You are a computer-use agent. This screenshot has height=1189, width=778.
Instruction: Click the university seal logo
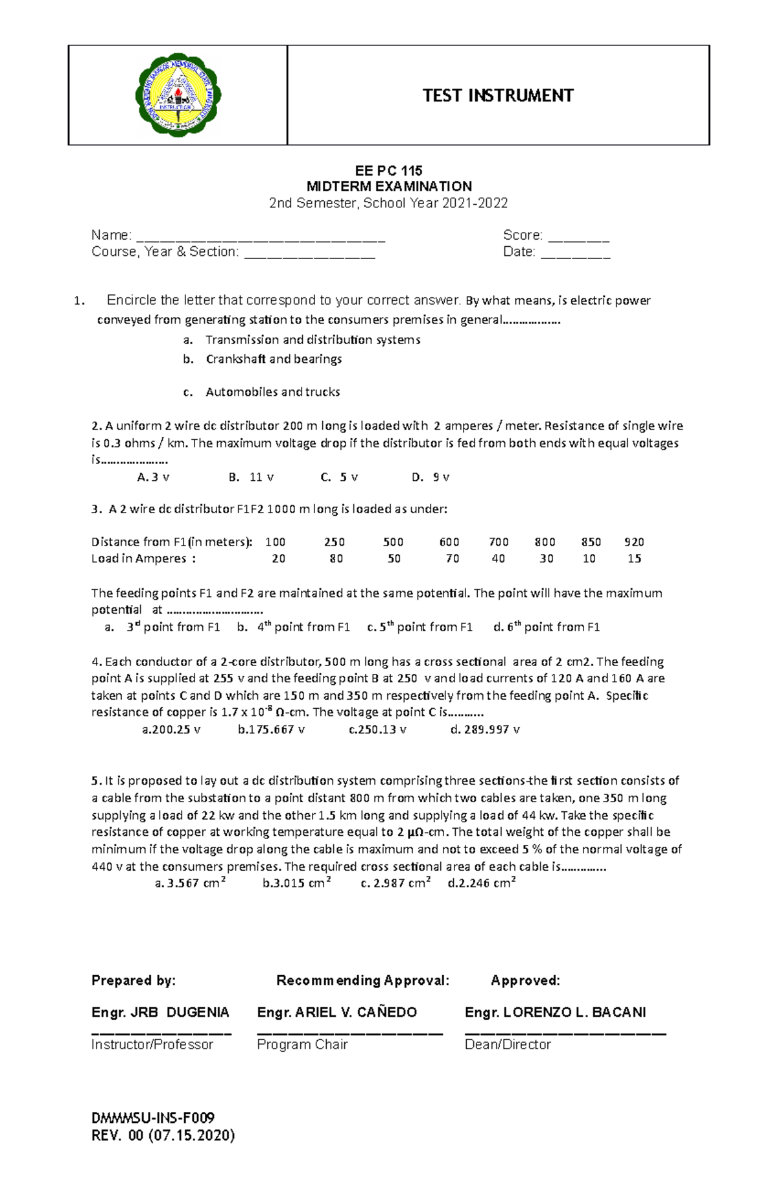pyautogui.click(x=178, y=95)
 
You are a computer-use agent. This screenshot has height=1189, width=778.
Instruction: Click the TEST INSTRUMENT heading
pyautogui.click(x=497, y=96)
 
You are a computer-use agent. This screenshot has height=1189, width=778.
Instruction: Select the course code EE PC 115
pyautogui.click(x=388, y=170)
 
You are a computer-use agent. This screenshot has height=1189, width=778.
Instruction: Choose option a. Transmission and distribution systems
pyautogui.click(x=312, y=340)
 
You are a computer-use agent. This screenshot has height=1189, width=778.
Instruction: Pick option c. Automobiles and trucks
pyautogui.click(x=272, y=392)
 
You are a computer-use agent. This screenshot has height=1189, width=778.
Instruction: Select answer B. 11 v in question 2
pyautogui.click(x=252, y=478)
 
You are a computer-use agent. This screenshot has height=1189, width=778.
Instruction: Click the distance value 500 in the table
pyautogui.click(x=393, y=542)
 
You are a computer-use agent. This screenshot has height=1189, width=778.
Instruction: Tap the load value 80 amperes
pyautogui.click(x=336, y=559)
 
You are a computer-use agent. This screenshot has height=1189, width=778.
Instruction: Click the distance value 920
pyautogui.click(x=633, y=542)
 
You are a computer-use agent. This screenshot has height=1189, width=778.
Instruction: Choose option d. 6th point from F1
pyautogui.click(x=546, y=627)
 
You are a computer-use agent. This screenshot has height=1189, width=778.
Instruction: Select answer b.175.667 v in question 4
pyautogui.click(x=271, y=730)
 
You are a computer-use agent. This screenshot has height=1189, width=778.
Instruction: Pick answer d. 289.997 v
pyautogui.click(x=485, y=730)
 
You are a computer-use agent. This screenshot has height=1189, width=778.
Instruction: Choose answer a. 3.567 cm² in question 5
pyautogui.click(x=190, y=883)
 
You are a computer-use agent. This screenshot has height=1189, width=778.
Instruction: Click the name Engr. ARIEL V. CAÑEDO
pyautogui.click(x=336, y=1012)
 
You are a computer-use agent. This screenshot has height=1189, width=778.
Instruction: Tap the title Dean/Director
pyautogui.click(x=508, y=1045)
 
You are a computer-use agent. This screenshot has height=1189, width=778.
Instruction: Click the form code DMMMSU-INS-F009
pyautogui.click(x=153, y=1118)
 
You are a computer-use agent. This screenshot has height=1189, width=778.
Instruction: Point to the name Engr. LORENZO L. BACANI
pyautogui.click(x=555, y=1012)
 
